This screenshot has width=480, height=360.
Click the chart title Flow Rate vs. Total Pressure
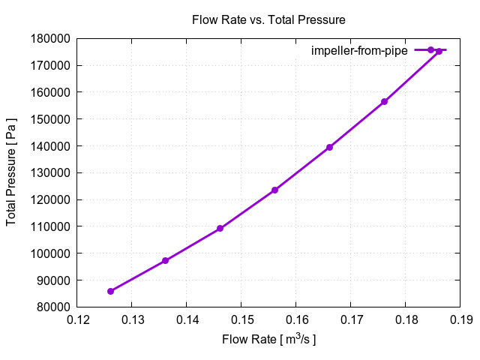pyautogui.click(x=268, y=19)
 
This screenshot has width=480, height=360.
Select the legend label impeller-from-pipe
pyautogui.click(x=359, y=50)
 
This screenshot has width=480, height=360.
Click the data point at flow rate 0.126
pyautogui.click(x=110, y=291)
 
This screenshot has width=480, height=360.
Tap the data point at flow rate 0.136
pyautogui.click(x=165, y=261)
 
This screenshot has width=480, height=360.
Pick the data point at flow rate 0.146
pyautogui.click(x=220, y=229)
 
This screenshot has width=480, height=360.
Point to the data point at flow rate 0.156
pyautogui.click(x=274, y=190)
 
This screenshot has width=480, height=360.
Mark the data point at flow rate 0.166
pyautogui.click(x=329, y=147)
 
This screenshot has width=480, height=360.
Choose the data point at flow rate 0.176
pyautogui.click(x=384, y=101)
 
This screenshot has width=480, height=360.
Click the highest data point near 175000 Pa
pyautogui.click(x=439, y=52)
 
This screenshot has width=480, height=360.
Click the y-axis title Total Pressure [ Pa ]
pyautogui.click(x=12, y=172)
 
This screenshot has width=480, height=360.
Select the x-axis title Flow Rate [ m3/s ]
pyautogui.click(x=268, y=340)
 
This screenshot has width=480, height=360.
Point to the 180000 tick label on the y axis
pyautogui.click(x=50, y=38)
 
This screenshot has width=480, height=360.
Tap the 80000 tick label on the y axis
pyautogui.click(x=53, y=307)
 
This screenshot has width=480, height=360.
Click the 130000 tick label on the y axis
pyautogui.click(x=50, y=172)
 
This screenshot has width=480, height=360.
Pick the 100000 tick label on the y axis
pyautogui.click(x=50, y=253)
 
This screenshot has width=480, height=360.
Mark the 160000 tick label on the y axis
pyautogui.click(x=50, y=92)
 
